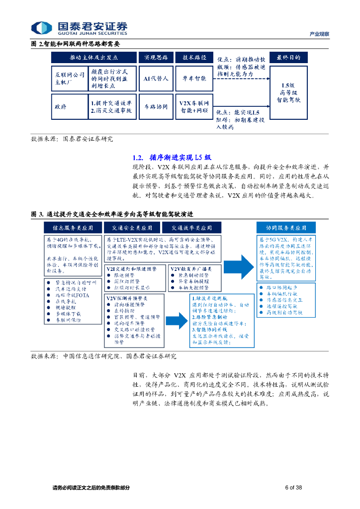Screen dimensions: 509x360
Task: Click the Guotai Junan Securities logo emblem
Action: click(x=41, y=28)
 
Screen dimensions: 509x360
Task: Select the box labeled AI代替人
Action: click(x=156, y=79)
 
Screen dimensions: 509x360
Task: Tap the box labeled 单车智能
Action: click(x=193, y=79)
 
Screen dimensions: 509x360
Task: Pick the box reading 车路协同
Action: click(x=156, y=107)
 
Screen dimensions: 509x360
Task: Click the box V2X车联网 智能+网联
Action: click(x=193, y=107)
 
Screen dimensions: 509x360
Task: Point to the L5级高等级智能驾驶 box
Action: click(x=288, y=92)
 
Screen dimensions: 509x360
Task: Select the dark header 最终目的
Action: click(x=288, y=57)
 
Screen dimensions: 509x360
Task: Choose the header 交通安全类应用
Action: click(x=132, y=228)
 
